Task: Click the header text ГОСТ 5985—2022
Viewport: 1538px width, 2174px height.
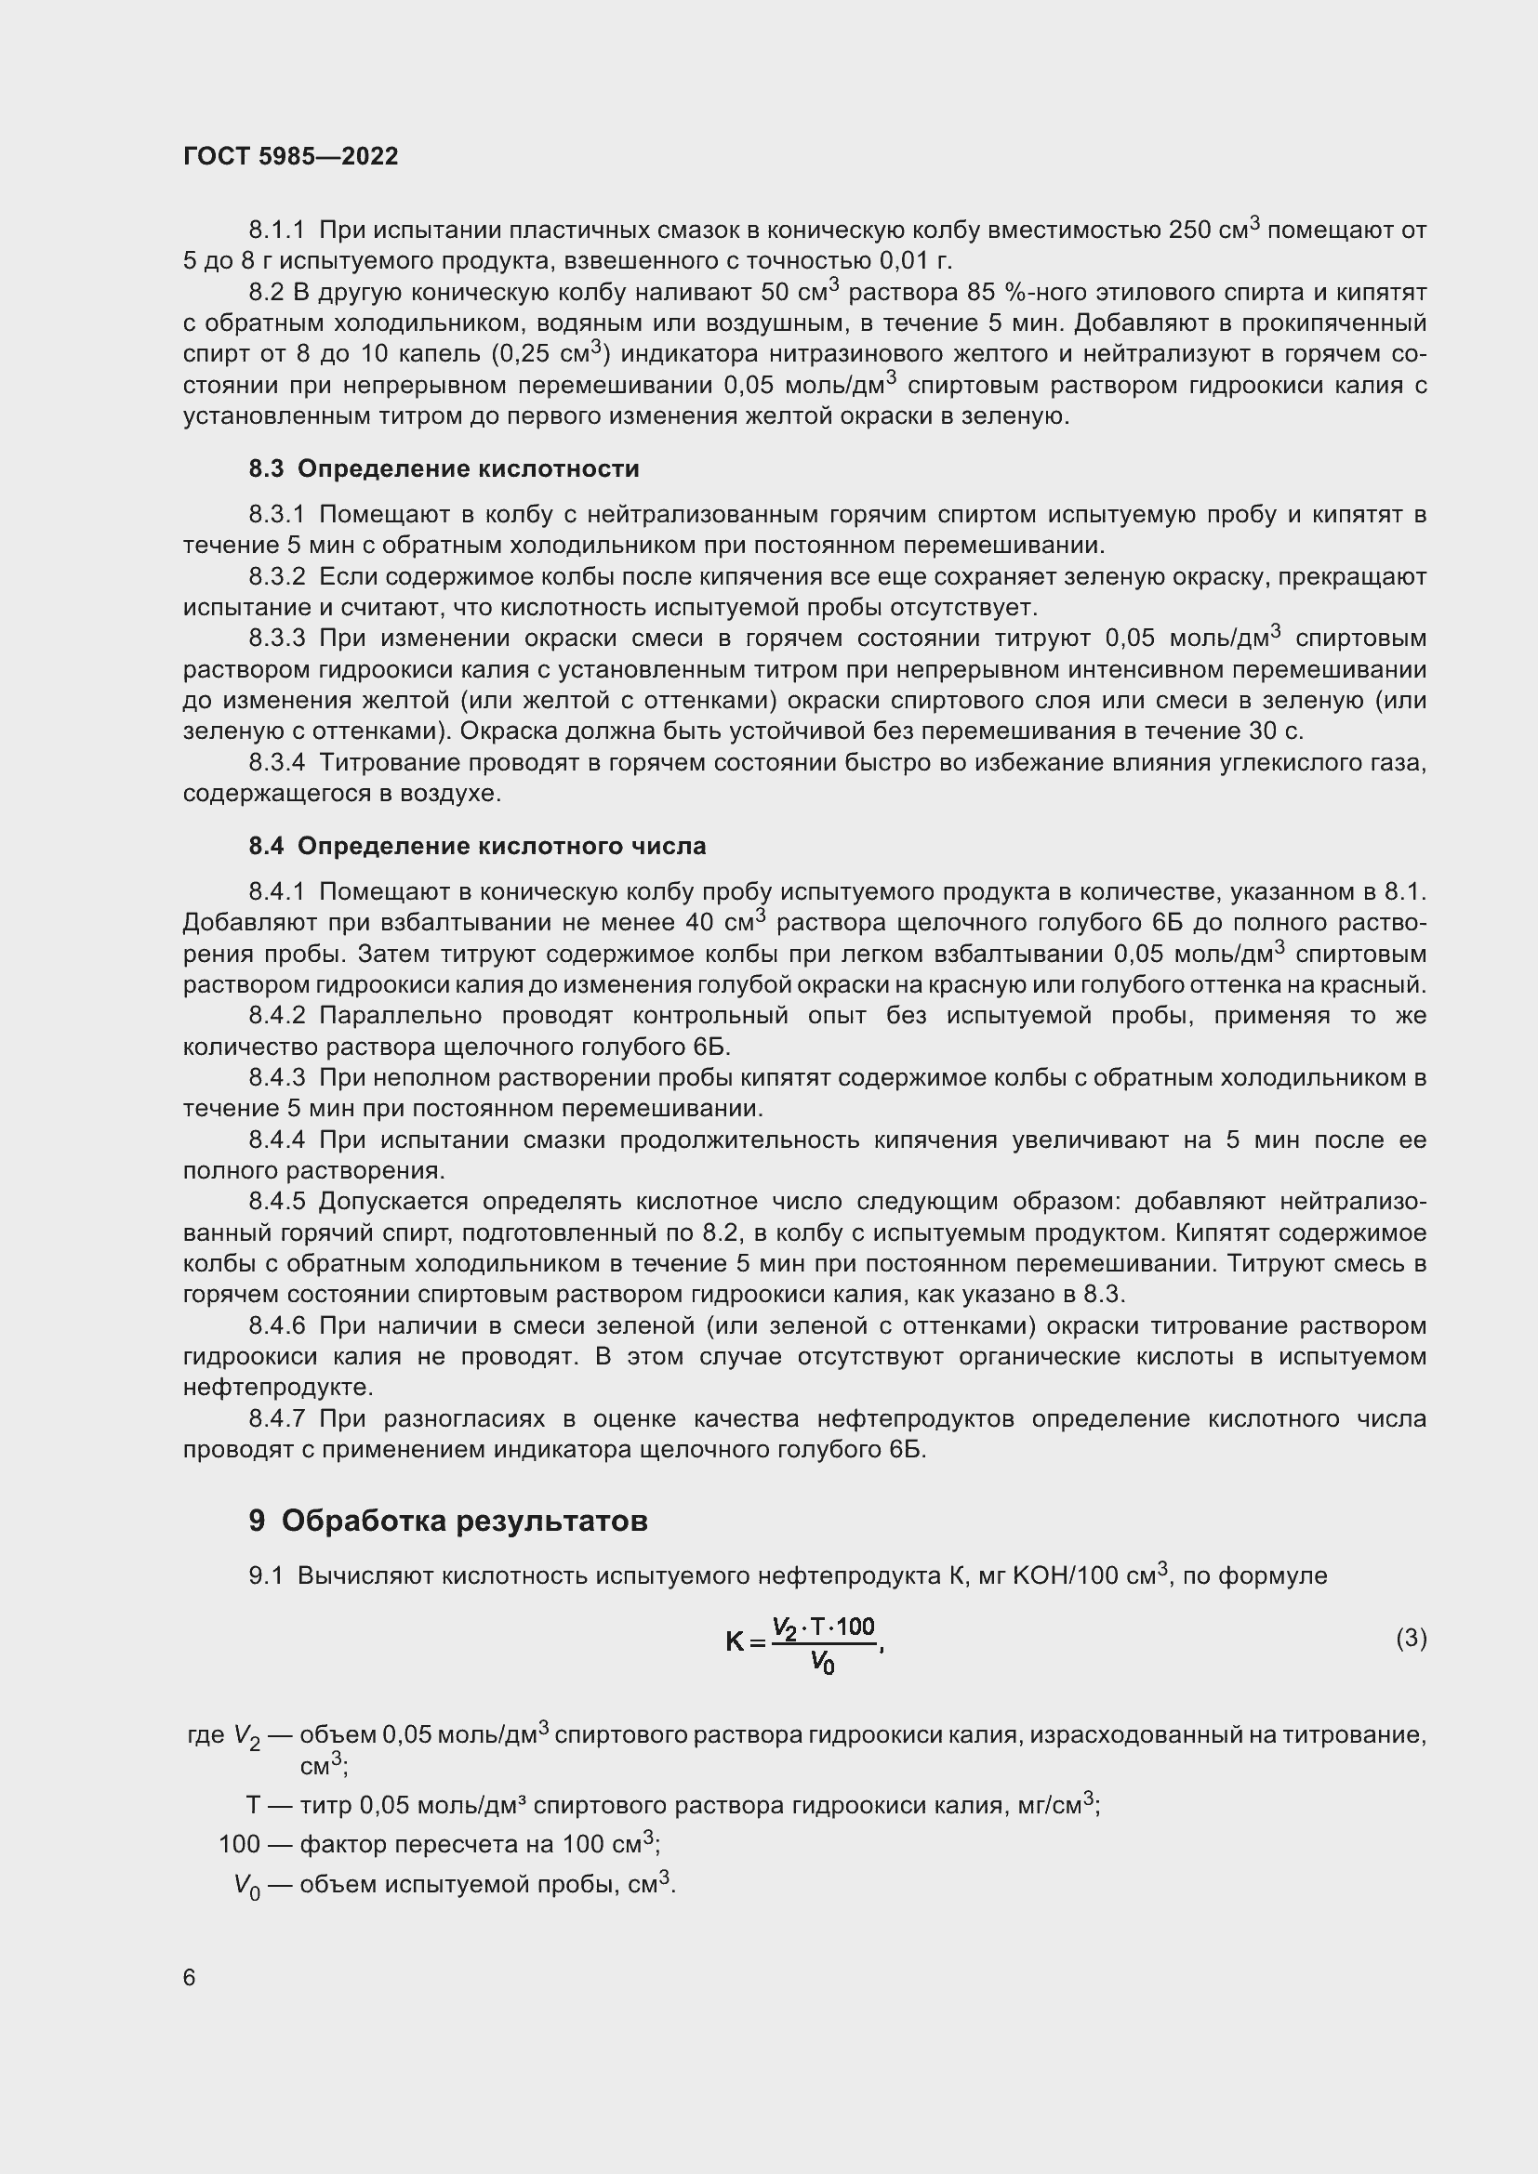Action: click(291, 157)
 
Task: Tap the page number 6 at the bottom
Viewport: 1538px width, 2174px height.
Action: click(190, 1978)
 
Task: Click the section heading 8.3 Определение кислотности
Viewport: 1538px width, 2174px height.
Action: click(444, 468)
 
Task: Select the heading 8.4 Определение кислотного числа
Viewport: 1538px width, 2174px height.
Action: click(477, 846)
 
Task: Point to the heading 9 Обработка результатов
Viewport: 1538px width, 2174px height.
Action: click(448, 1521)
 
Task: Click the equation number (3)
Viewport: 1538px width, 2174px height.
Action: click(1411, 1638)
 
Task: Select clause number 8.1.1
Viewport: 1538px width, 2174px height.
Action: click(276, 231)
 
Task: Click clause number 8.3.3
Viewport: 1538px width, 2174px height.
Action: click(276, 639)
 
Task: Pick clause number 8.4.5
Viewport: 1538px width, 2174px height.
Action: click(276, 1202)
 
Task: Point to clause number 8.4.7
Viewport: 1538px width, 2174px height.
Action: click(276, 1418)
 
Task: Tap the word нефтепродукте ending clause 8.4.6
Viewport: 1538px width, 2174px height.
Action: click(278, 1387)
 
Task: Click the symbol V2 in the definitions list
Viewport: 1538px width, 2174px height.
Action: click(246, 1736)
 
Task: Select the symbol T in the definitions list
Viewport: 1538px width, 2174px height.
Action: click(253, 1806)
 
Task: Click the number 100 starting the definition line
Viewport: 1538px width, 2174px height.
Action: click(239, 1844)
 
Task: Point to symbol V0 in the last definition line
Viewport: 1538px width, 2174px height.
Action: click(246, 1885)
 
